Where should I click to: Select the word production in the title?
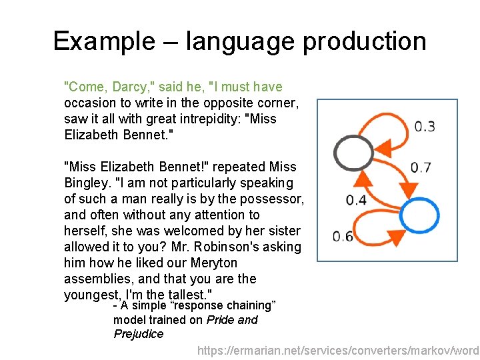pos(365,41)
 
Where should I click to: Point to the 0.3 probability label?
pos(425,127)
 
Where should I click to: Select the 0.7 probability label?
pos(421,167)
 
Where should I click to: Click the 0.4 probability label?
pos(356,199)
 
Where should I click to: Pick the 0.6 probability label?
pos(343,236)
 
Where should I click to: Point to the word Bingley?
pos(85,183)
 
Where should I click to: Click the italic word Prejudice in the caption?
pos(138,334)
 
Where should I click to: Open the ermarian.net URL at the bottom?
pos(339,350)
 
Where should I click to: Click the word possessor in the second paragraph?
pos(273,199)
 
